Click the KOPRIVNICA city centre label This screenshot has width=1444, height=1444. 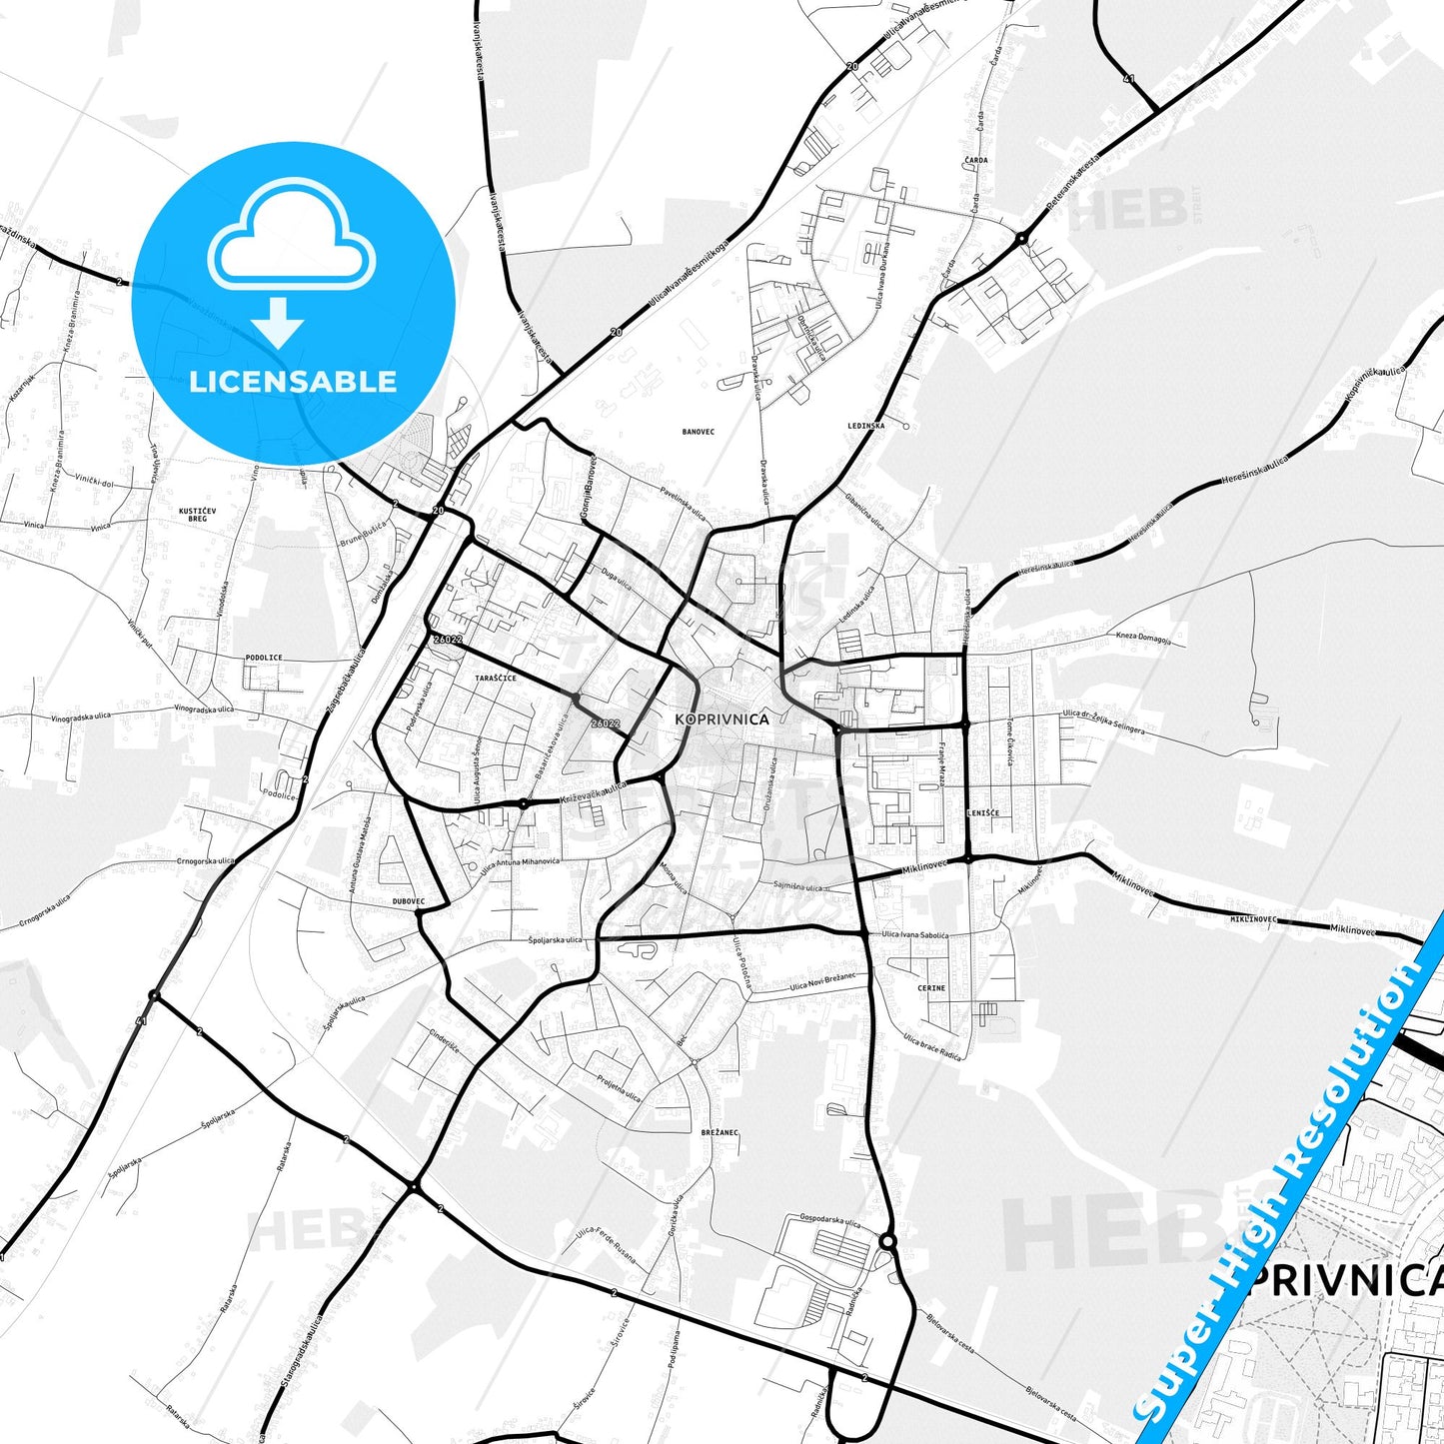pyautogui.click(x=722, y=719)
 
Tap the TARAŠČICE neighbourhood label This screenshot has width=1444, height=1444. pyautogui.click(x=496, y=678)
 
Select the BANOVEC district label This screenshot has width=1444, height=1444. pyautogui.click(x=698, y=432)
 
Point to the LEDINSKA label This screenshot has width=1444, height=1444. pyautogui.click(x=865, y=426)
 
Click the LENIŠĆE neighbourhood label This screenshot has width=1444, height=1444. pyautogui.click(x=982, y=812)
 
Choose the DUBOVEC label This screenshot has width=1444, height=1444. pyautogui.click(x=409, y=900)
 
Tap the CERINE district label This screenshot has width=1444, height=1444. pyautogui.click(x=930, y=987)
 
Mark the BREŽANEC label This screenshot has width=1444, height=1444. pyautogui.click(x=720, y=1132)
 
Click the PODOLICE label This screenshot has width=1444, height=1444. pyautogui.click(x=263, y=658)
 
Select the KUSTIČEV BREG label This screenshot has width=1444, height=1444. pyautogui.click(x=198, y=514)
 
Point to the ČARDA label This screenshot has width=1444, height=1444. pyautogui.click(x=976, y=160)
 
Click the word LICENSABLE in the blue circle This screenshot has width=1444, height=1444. pyautogui.click(x=293, y=381)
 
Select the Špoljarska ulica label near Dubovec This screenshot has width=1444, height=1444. pyautogui.click(x=555, y=940)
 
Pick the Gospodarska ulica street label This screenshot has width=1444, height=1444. pyautogui.click(x=829, y=1221)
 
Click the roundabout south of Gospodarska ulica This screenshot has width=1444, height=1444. pyautogui.click(x=886, y=1241)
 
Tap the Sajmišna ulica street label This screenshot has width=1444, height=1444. pyautogui.click(x=798, y=886)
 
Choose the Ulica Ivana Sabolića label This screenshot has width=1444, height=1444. pyautogui.click(x=914, y=935)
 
